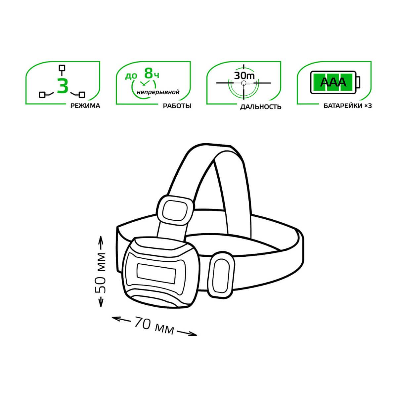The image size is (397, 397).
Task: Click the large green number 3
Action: [x=63, y=86]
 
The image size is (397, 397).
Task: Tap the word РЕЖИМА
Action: [x=85, y=106]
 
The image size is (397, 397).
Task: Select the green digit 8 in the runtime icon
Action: [x=149, y=73]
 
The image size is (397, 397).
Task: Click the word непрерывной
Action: [x=158, y=92]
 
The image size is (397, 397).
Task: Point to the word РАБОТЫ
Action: [x=177, y=106]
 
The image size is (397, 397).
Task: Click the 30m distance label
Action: [x=244, y=76]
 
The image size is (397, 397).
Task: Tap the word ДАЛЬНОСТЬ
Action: [x=261, y=107]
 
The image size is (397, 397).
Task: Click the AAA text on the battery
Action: [x=333, y=82]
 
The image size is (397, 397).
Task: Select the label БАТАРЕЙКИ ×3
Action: [x=348, y=106]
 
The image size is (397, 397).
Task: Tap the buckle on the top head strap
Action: [x=175, y=211]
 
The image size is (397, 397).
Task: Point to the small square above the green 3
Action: [x=62, y=68]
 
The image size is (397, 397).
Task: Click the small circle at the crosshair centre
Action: [x=244, y=83]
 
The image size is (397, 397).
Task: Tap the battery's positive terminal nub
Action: [x=358, y=82]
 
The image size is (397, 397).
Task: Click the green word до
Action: [x=131, y=76]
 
